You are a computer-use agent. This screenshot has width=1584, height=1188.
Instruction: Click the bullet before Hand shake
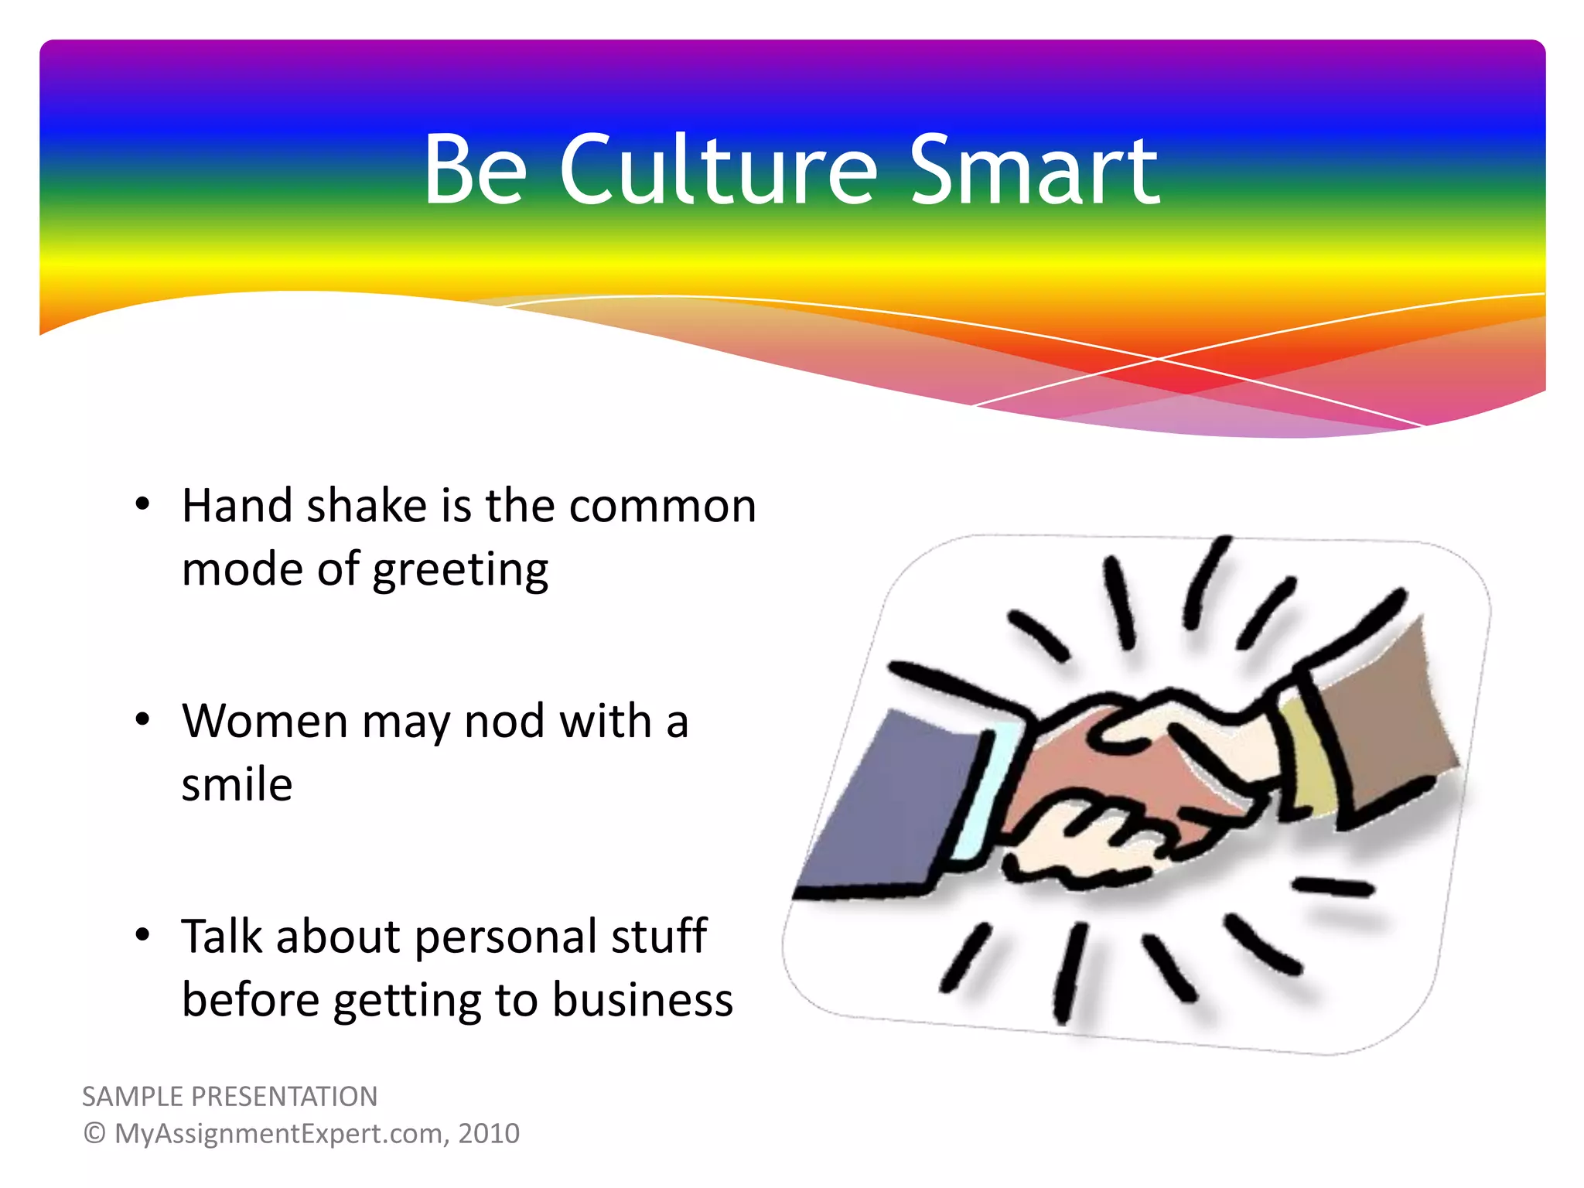click(142, 505)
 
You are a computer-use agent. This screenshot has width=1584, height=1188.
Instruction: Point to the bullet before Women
click(142, 720)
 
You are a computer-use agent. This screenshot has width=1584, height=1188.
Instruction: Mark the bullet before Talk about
click(142, 935)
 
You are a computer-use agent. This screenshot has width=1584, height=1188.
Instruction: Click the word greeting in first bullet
click(460, 571)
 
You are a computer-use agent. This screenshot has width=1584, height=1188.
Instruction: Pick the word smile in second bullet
click(237, 784)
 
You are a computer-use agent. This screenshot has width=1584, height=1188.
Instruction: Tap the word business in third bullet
click(642, 1000)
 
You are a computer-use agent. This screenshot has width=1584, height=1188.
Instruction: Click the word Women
click(265, 722)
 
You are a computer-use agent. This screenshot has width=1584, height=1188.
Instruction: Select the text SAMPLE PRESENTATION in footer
click(230, 1097)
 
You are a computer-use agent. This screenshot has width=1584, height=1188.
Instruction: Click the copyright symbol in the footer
click(94, 1134)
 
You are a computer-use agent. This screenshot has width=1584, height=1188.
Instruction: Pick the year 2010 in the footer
click(489, 1134)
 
